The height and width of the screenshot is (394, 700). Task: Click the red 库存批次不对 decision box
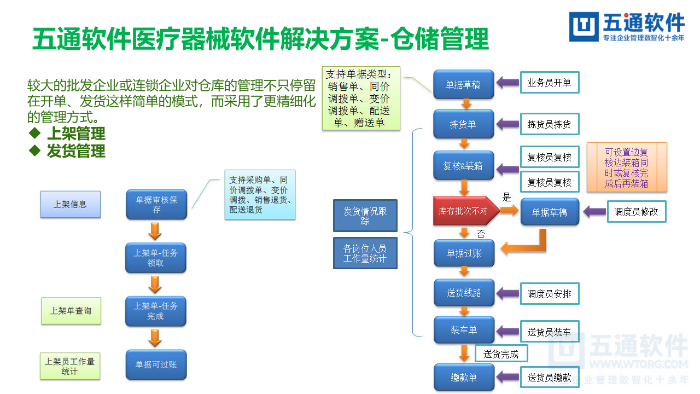pyautogui.click(x=466, y=211)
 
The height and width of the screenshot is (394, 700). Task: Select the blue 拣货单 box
pyautogui.click(x=463, y=124)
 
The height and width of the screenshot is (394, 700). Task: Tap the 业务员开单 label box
pyautogui.click(x=549, y=83)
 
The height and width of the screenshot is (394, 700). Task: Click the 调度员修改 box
pyautogui.click(x=637, y=212)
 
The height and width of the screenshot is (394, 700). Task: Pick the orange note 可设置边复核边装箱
pyautogui.click(x=627, y=167)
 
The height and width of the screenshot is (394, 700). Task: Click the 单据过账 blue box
pyautogui.click(x=464, y=253)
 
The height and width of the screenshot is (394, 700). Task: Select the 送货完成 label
pyautogui.click(x=500, y=354)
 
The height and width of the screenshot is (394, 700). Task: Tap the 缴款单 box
pyautogui.click(x=464, y=378)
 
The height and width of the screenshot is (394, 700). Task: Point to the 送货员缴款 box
pyautogui.click(x=549, y=378)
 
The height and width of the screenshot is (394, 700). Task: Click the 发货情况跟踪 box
pyautogui.click(x=365, y=216)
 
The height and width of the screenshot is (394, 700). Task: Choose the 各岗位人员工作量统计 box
pyautogui.click(x=365, y=253)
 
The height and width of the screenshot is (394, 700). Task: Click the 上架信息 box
pyautogui.click(x=70, y=204)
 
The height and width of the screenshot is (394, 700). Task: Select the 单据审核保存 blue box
pyautogui.click(x=156, y=205)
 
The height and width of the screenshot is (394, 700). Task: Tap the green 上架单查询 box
pyautogui.click(x=71, y=311)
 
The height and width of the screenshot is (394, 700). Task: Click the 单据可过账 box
pyautogui.click(x=156, y=364)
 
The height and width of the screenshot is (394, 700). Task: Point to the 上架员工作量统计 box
pyautogui.click(x=70, y=366)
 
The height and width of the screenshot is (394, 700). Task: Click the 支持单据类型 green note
pyautogui.click(x=361, y=99)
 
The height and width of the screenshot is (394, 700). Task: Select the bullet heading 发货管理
pyautogui.click(x=75, y=151)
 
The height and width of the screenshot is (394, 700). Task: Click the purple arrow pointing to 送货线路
pyautogui.click(x=507, y=294)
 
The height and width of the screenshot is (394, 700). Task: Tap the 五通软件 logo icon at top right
pyautogui.click(x=584, y=26)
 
